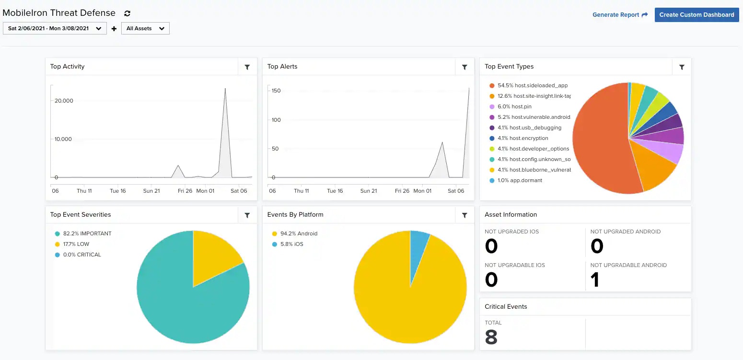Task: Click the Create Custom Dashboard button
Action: [x=697, y=15]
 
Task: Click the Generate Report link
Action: [x=620, y=15]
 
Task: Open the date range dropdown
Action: [x=55, y=28]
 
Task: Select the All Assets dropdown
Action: [x=145, y=28]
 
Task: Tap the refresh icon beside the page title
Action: [x=127, y=13]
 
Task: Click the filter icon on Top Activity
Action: [x=247, y=67]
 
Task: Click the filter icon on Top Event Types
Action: [x=681, y=67]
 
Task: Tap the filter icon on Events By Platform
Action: [x=464, y=215]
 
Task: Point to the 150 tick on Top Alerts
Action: [x=276, y=91]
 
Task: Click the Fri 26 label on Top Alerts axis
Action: [x=402, y=191]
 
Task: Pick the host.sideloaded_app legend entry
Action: [x=533, y=85]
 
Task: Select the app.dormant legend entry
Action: [x=520, y=180]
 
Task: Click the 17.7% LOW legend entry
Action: [x=76, y=244]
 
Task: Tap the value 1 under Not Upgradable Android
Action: [x=595, y=280]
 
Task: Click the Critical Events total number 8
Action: [x=491, y=337]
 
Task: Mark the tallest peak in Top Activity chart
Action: [x=225, y=89]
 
